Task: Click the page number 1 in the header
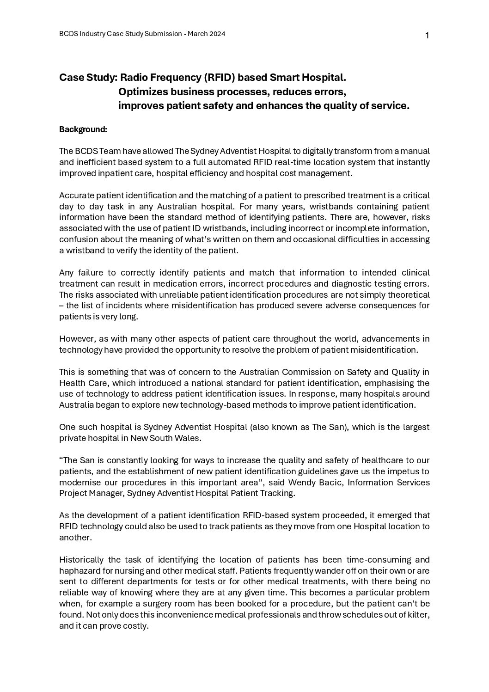(x=427, y=36)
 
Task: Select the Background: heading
(x=83, y=129)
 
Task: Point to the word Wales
(x=189, y=438)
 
